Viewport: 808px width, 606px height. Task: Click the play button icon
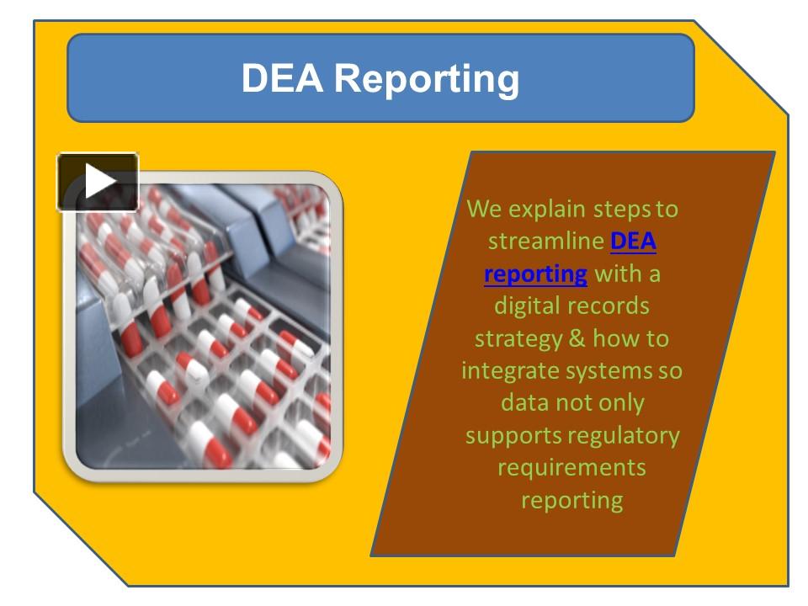[98, 182]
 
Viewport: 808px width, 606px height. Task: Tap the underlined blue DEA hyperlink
[633, 242]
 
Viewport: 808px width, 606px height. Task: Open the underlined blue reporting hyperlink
[535, 274]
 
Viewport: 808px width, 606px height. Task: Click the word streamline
[546, 242]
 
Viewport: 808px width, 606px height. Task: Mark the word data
[525, 402]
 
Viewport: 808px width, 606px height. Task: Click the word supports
[513, 435]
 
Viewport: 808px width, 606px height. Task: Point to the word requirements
[571, 467]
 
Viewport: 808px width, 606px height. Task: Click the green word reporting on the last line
[571, 501]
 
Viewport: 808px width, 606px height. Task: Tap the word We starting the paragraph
[481, 209]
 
